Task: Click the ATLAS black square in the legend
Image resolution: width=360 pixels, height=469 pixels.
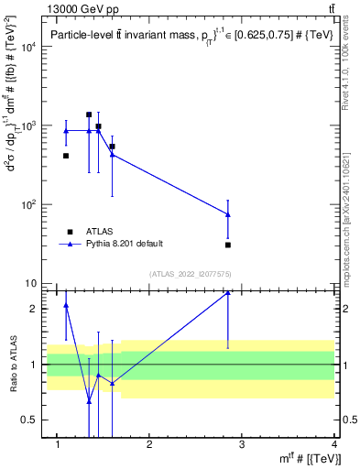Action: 70,232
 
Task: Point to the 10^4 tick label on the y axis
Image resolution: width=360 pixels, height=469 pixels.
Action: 27,46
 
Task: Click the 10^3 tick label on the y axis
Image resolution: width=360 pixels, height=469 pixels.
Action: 27,125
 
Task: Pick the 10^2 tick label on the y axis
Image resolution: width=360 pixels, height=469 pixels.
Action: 27,205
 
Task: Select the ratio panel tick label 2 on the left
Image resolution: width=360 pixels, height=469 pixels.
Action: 33,309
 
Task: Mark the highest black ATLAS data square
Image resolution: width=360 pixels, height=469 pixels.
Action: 89,115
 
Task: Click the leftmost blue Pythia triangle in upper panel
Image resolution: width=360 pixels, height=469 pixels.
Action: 66,131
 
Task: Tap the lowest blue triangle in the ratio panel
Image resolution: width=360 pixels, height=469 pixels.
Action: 89,400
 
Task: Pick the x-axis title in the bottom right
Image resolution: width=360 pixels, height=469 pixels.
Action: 311,458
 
